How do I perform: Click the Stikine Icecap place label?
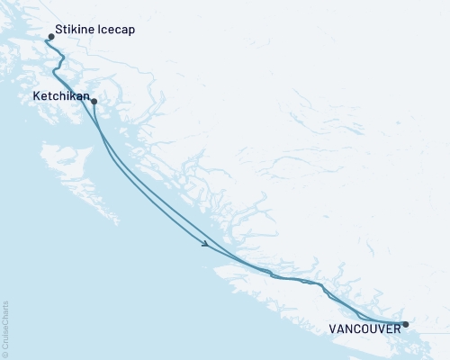[96, 29]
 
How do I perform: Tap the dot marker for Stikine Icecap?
[51, 38]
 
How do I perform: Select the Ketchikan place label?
[60, 94]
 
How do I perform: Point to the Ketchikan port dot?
[94, 102]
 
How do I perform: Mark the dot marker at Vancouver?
[405, 324]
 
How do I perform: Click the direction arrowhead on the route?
[208, 244]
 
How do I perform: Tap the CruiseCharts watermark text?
[5, 327]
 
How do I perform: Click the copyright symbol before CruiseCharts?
[5, 354]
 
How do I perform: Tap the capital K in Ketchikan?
[35, 94]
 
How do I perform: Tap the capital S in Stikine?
[58, 29]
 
